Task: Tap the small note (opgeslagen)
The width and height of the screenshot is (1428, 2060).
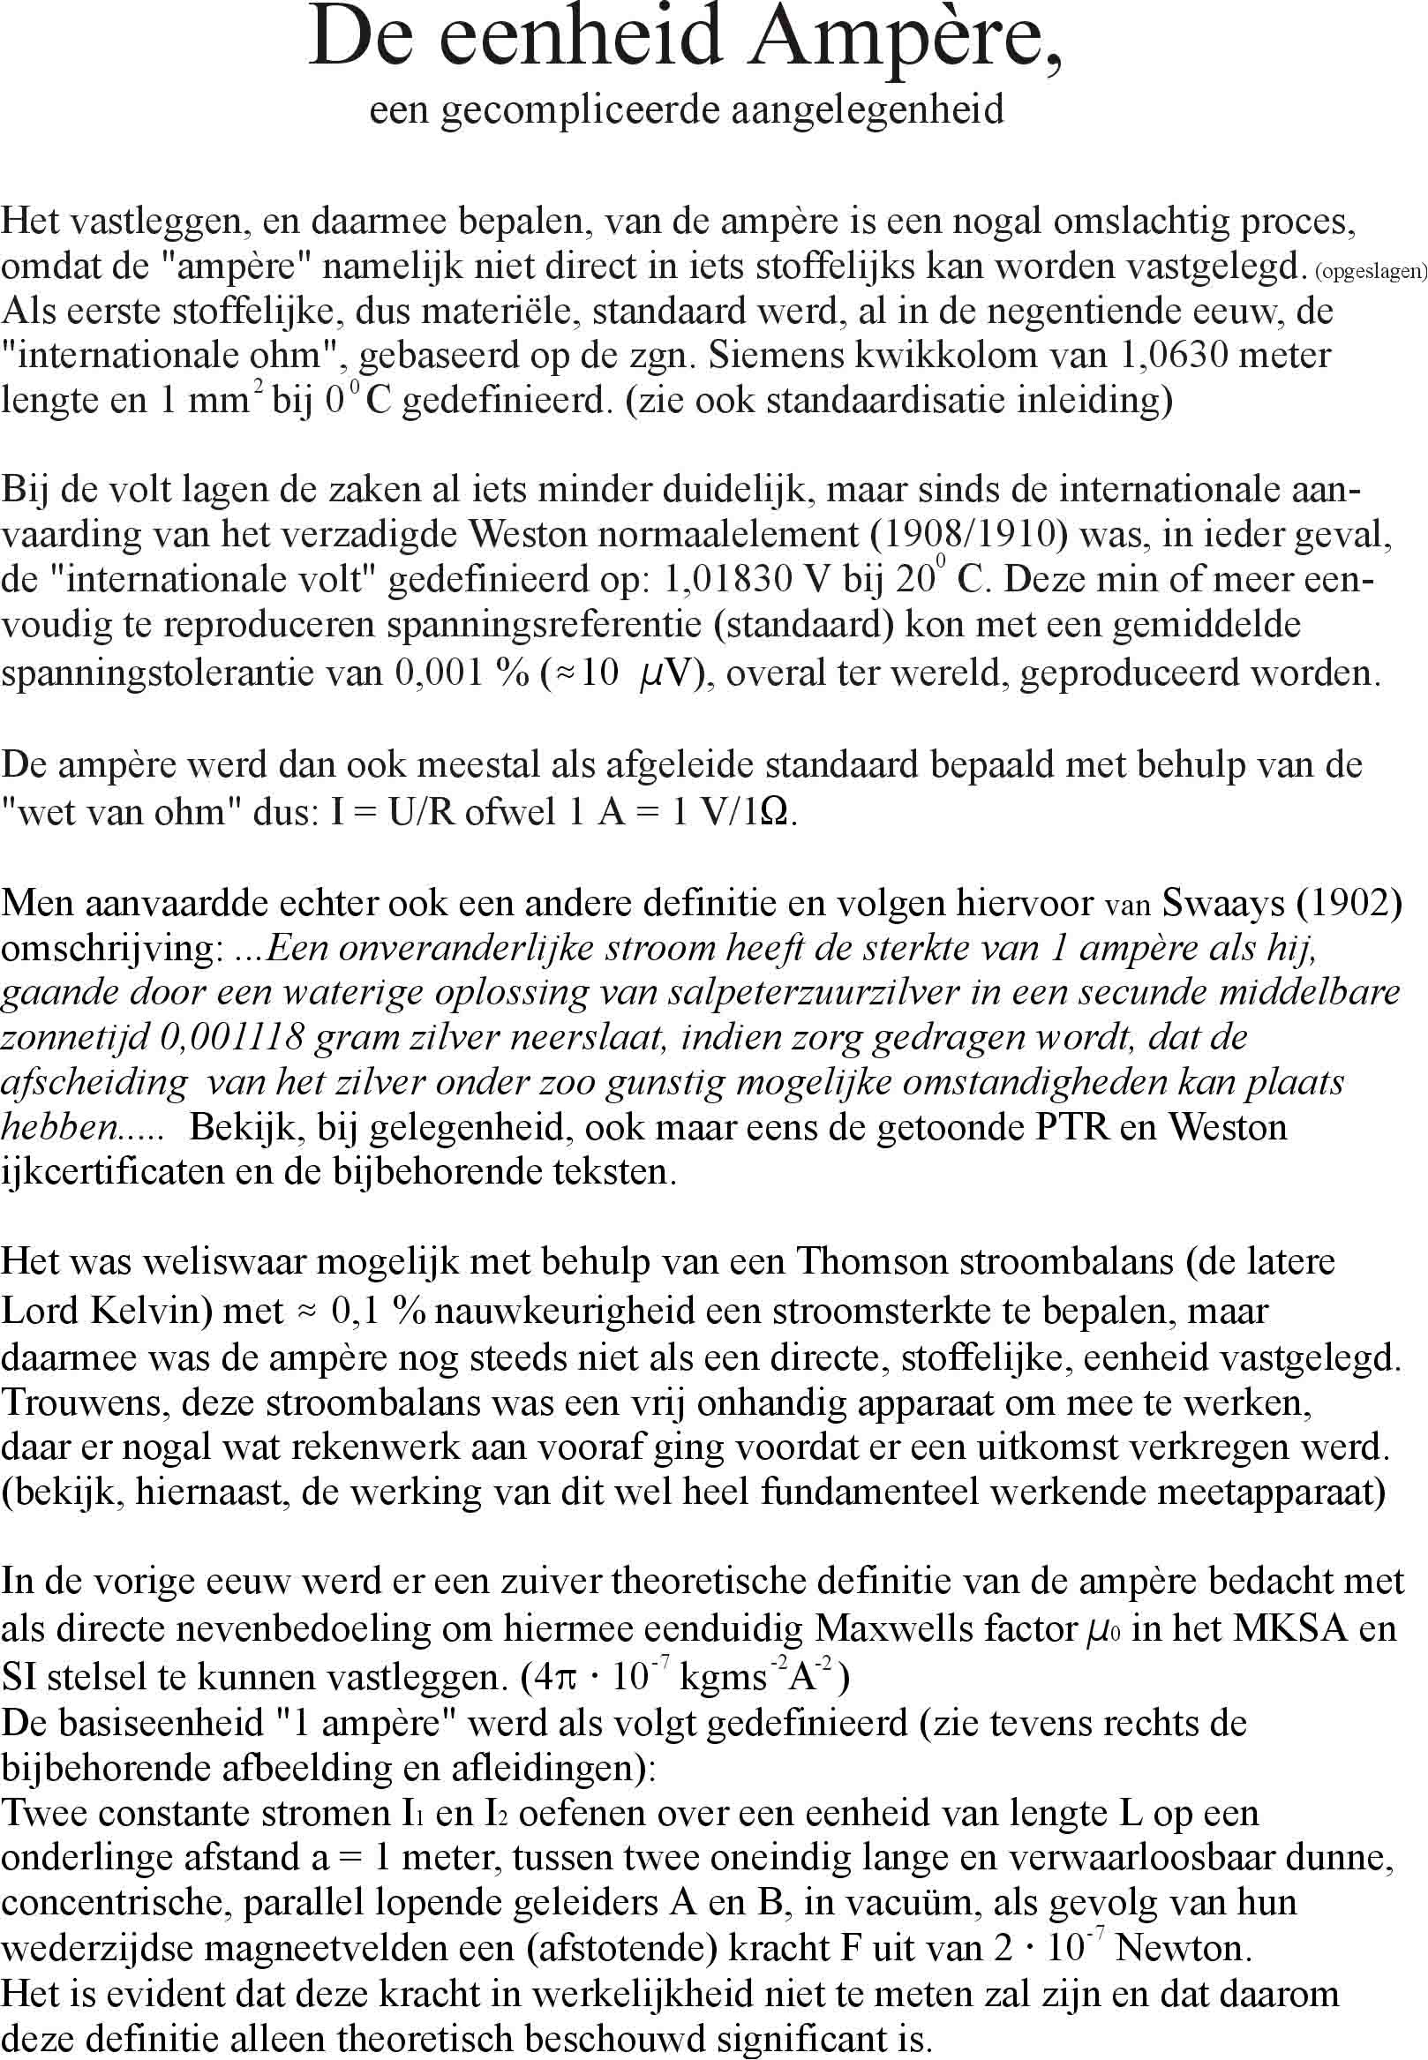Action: (x=1370, y=273)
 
